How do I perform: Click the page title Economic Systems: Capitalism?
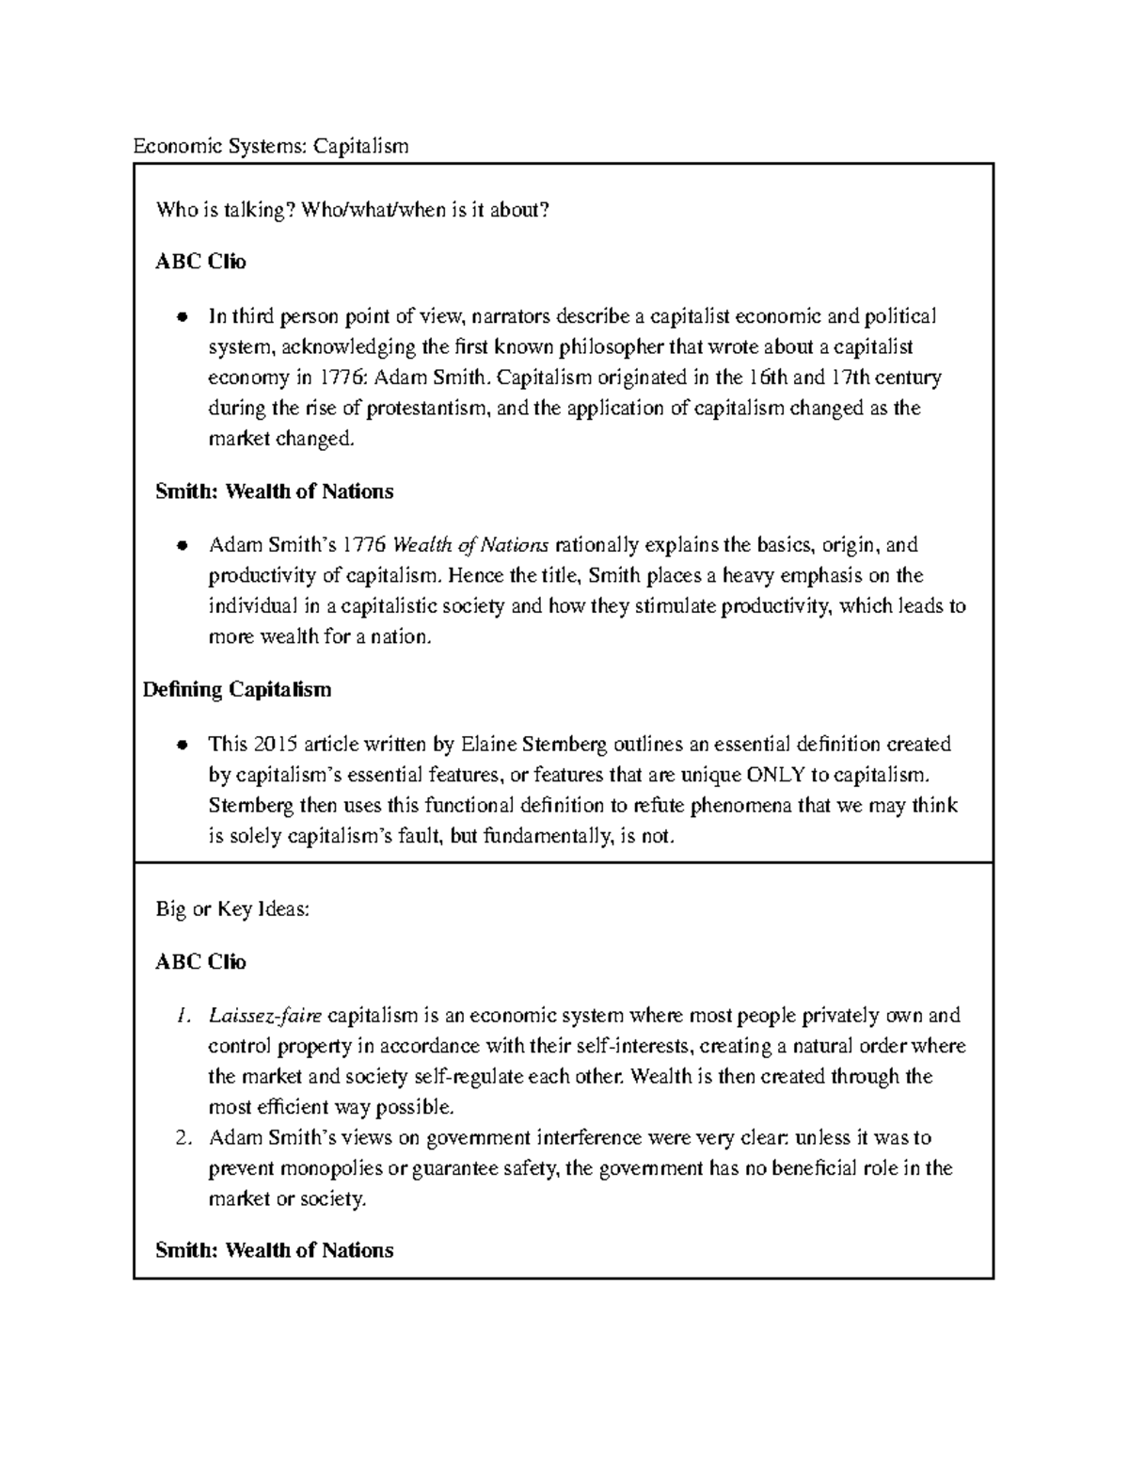(x=271, y=146)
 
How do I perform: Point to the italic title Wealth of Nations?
(x=469, y=545)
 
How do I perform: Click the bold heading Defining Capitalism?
(x=237, y=690)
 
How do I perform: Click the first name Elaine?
(x=490, y=745)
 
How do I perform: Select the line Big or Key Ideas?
(x=232, y=909)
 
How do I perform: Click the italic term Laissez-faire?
(x=265, y=1016)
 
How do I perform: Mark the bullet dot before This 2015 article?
(x=183, y=746)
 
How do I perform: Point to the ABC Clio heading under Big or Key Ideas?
(x=201, y=962)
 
